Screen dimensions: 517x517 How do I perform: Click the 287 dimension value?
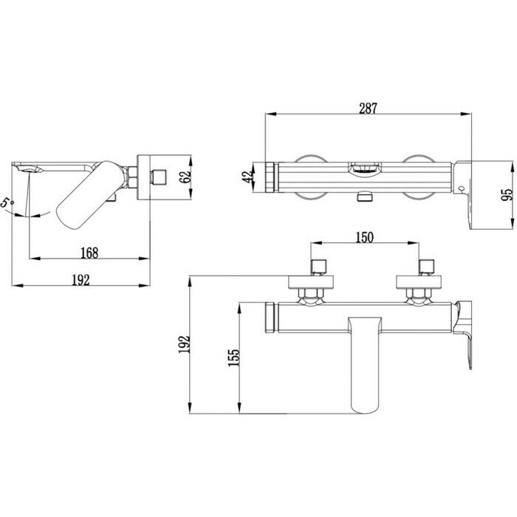tap(369, 107)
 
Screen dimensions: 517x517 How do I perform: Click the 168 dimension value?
tap(88, 252)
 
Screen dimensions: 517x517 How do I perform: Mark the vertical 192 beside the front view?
tap(185, 343)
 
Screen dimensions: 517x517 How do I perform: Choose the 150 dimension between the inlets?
tap(365, 236)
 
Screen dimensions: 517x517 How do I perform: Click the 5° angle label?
tap(7, 202)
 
